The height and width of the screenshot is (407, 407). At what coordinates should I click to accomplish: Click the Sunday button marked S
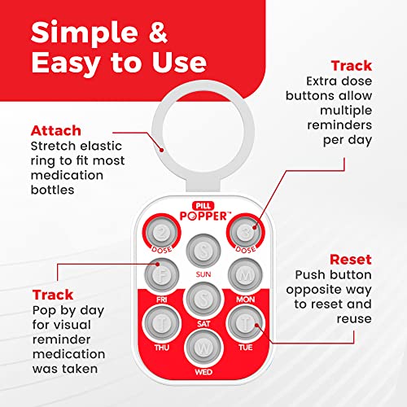click(x=203, y=251)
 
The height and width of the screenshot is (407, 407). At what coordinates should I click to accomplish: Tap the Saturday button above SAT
click(x=203, y=300)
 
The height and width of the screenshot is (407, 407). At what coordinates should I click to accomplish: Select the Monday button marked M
click(x=245, y=275)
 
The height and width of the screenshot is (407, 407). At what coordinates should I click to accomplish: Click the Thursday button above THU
click(x=162, y=323)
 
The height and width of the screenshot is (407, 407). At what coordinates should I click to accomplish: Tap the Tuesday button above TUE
click(x=245, y=323)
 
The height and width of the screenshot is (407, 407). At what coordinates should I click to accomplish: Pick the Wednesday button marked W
click(x=203, y=348)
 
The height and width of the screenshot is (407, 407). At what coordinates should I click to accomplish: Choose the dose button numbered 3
click(x=245, y=232)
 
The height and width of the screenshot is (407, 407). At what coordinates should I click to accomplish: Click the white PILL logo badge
click(x=203, y=206)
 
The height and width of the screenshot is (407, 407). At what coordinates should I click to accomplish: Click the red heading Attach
click(x=56, y=131)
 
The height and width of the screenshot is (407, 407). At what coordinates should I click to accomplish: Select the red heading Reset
click(x=351, y=260)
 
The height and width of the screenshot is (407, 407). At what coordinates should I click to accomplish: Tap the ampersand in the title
click(x=158, y=32)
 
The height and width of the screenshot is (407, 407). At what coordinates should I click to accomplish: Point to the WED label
click(x=203, y=372)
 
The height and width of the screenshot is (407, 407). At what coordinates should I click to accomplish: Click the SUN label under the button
click(x=203, y=274)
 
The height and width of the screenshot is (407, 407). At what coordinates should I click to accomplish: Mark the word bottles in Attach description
click(x=53, y=190)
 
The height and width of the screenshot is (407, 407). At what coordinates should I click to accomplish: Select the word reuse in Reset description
click(x=354, y=319)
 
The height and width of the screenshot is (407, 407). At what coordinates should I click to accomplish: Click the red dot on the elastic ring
click(x=162, y=150)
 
